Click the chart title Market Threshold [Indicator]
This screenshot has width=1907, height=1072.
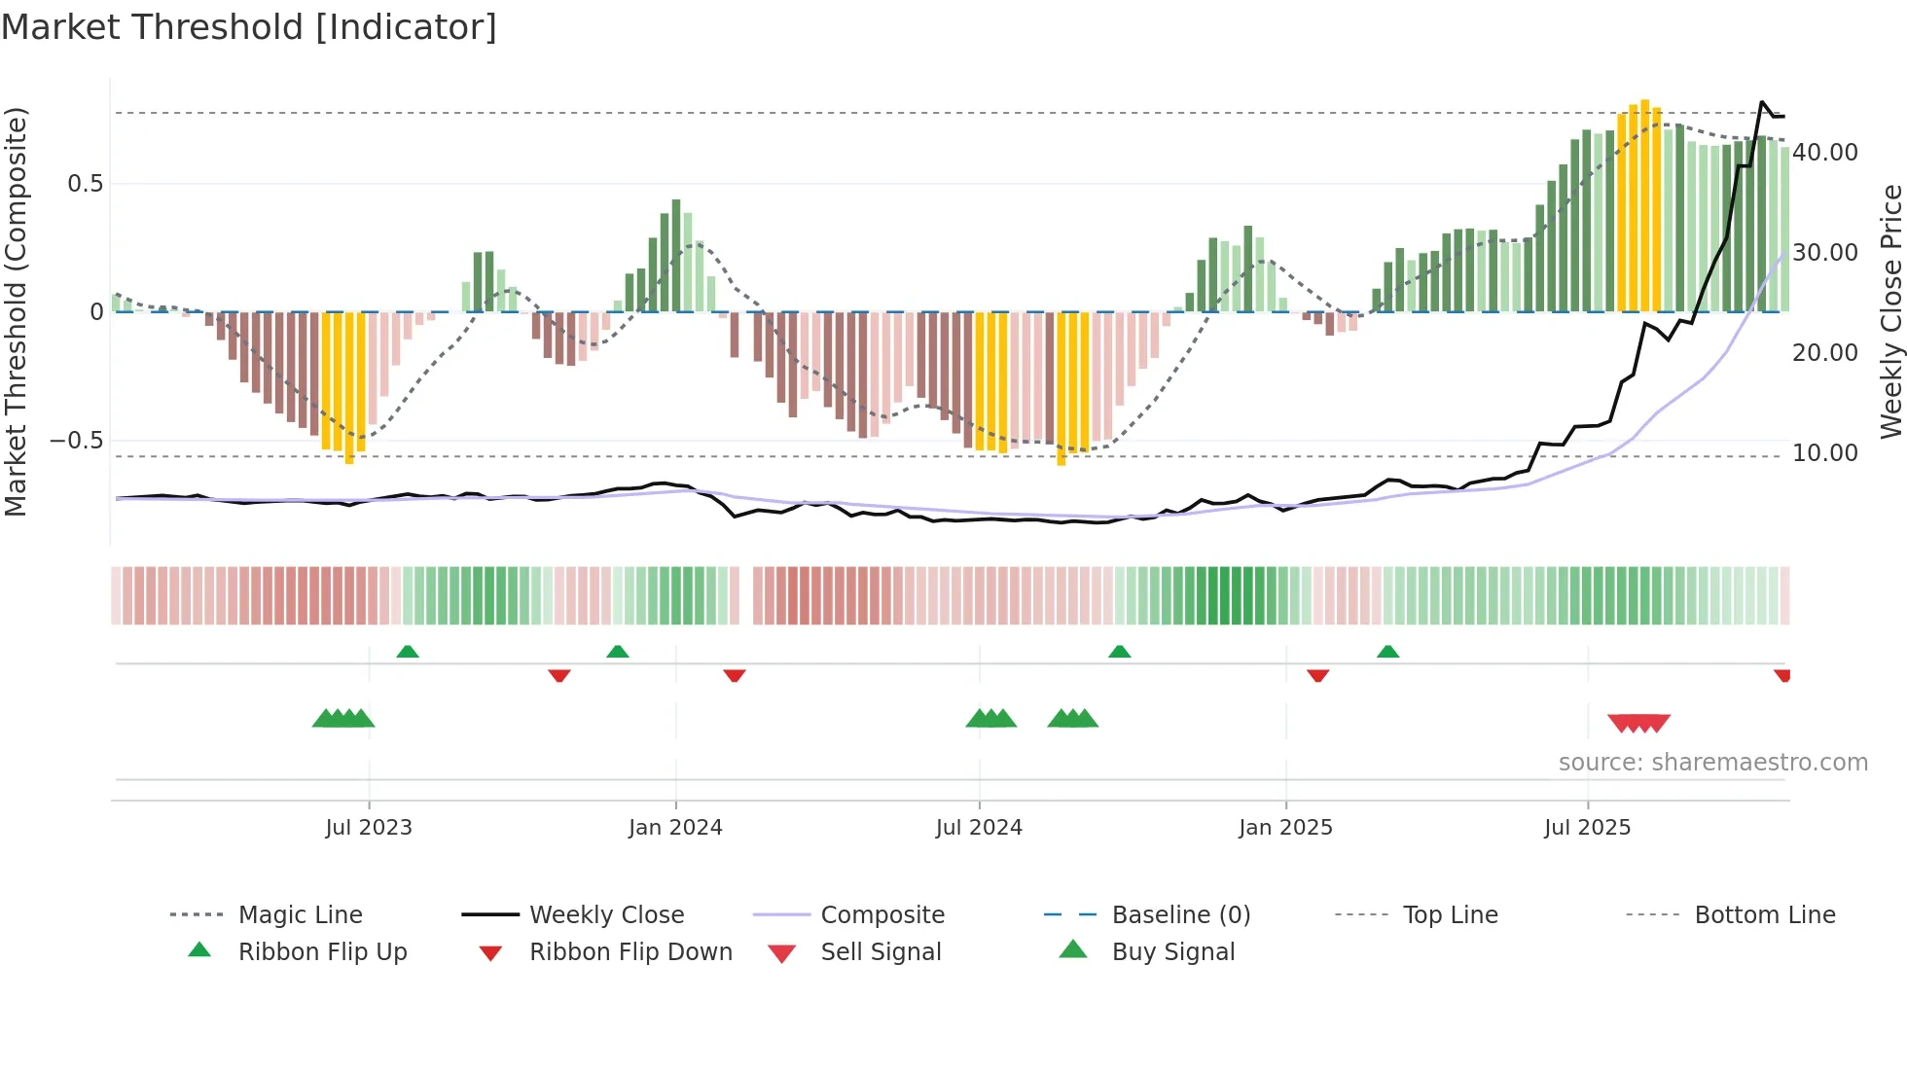click(x=249, y=27)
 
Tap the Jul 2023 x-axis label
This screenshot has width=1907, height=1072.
click(x=369, y=828)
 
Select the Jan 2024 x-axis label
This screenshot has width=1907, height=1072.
click(x=675, y=828)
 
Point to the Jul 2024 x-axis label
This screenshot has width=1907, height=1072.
click(x=979, y=828)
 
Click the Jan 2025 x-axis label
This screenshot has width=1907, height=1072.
click(x=1285, y=828)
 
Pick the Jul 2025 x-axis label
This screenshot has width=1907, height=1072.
click(x=1587, y=828)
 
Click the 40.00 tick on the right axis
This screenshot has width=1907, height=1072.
click(x=1825, y=153)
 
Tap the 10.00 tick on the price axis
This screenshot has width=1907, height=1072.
click(x=1825, y=453)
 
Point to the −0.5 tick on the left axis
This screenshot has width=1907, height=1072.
click(x=77, y=441)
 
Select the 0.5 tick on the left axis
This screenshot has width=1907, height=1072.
click(x=85, y=184)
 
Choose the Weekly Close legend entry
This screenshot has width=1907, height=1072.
click(x=606, y=915)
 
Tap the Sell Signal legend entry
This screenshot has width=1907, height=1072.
click(x=881, y=952)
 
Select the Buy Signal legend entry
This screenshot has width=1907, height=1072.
click(x=1172, y=952)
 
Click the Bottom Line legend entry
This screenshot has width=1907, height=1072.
click(x=1764, y=915)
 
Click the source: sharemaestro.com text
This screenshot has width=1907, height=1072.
click(x=1712, y=763)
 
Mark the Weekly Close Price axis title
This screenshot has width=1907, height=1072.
click(x=1890, y=311)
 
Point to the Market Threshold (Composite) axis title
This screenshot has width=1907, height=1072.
click(x=16, y=311)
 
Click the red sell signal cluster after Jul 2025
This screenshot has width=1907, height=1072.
click(x=1638, y=723)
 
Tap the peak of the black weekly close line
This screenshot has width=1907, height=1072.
click(x=1762, y=102)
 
